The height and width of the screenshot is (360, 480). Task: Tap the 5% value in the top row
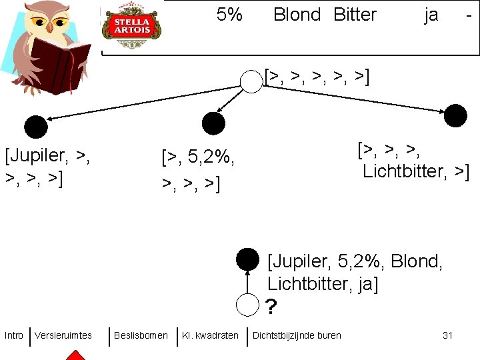pyautogui.click(x=229, y=15)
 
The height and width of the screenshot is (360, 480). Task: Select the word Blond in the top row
pyautogui.click(x=297, y=15)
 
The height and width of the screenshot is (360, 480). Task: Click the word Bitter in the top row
pyautogui.click(x=355, y=15)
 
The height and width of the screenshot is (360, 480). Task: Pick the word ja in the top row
pyautogui.click(x=431, y=15)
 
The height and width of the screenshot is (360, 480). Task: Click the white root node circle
pyautogui.click(x=251, y=81)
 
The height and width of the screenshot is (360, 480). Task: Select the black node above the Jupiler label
pyautogui.click(x=36, y=127)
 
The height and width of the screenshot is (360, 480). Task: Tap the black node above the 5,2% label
pyautogui.click(x=213, y=123)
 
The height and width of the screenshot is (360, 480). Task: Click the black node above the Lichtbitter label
pyautogui.click(x=456, y=115)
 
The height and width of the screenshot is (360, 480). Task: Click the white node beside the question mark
pyautogui.click(x=248, y=305)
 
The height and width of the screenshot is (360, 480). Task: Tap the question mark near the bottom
pyautogui.click(x=271, y=307)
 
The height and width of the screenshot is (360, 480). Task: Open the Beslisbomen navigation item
pyautogui.click(x=141, y=335)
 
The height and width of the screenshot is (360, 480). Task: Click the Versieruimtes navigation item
pyautogui.click(x=63, y=335)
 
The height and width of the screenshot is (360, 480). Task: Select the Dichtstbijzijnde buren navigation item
pyautogui.click(x=297, y=335)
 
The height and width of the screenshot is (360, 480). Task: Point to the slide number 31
pyautogui.click(x=447, y=335)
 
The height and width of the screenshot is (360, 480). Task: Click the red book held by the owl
pyautogui.click(x=60, y=63)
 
